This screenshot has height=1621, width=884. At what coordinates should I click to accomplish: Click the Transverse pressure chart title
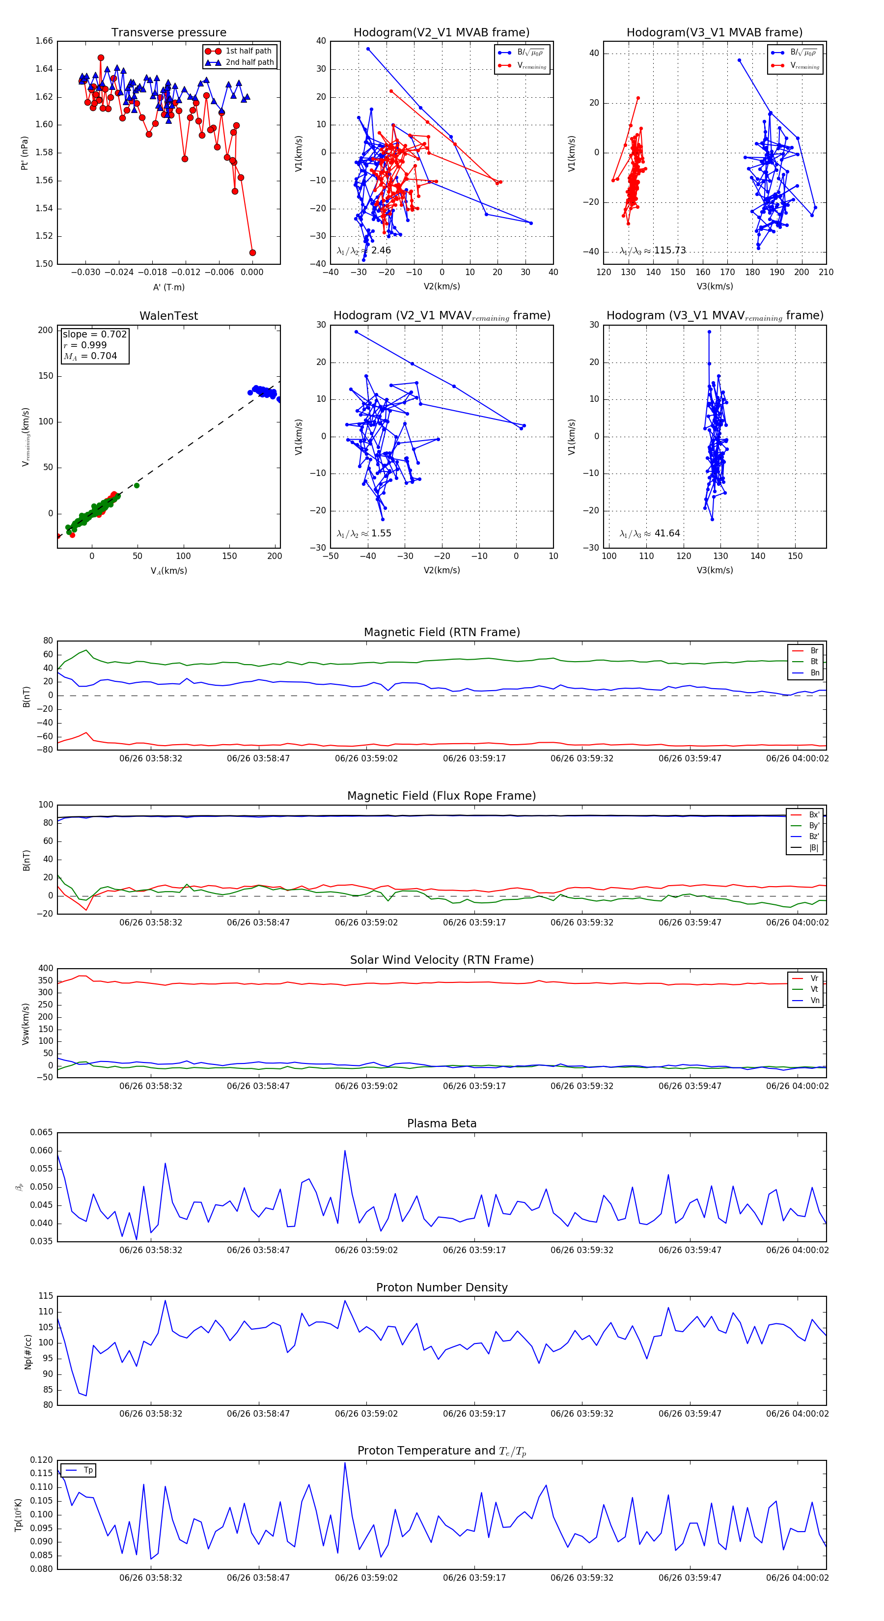pos(168,33)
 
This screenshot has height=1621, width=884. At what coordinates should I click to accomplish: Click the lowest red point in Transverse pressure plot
pos(252,252)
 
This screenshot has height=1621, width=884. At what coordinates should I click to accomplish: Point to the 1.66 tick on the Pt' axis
pos(44,41)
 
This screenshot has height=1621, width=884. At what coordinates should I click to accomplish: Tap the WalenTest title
pos(168,316)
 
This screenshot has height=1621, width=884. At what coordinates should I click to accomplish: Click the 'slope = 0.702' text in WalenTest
pos(94,334)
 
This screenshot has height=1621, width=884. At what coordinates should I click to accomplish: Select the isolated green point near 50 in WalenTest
pos(137,485)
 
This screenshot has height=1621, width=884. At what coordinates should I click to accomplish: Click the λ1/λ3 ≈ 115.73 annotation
pos(653,251)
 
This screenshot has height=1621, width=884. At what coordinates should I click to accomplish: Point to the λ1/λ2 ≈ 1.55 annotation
pos(363,533)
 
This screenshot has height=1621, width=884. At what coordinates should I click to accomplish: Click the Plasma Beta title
pos(442,1124)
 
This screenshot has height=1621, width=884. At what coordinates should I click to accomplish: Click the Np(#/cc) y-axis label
pos(28,1351)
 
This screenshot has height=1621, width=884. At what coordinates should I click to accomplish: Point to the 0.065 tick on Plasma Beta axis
pos(42,1133)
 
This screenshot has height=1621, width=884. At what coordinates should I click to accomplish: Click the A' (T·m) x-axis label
pos(168,287)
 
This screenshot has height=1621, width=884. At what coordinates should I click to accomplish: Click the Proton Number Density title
pos(442,1287)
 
